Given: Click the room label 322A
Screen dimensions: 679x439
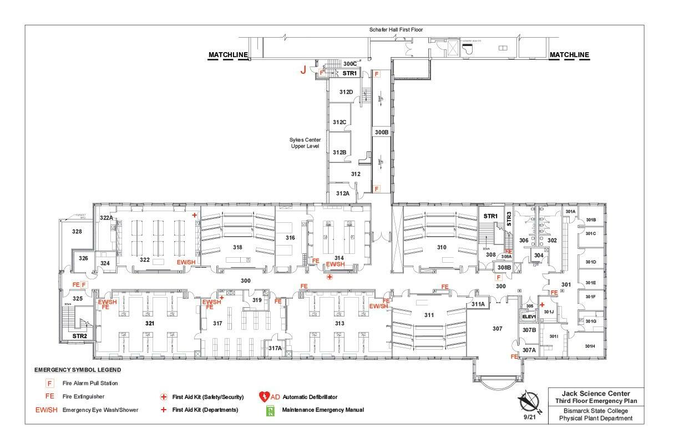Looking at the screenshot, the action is coord(107,218).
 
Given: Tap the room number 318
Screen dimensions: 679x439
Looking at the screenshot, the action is coord(237,247).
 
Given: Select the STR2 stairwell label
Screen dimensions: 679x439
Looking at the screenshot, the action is coord(80,336).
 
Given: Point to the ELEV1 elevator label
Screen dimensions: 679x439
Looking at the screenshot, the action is coord(529,317).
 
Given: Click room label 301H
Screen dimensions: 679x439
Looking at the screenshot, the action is coord(590,346).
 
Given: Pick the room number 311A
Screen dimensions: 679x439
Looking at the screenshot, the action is coord(478,304).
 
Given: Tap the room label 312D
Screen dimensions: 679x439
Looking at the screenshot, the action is coord(346,91).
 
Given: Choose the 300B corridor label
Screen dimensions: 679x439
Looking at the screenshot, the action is coord(381,132).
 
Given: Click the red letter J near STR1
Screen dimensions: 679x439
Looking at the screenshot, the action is coord(303,70).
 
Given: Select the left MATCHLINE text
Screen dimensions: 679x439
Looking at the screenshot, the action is coord(227,55).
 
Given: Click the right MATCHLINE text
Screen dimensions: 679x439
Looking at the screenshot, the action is coord(569,55).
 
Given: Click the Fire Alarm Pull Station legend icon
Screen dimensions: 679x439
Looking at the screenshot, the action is coord(49,383).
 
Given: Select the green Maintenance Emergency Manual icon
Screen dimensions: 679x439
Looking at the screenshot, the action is coord(271,410).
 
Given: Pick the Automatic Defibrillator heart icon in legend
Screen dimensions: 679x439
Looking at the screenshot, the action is coord(264,397).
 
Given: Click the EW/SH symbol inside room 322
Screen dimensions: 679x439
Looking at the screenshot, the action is coord(185,262).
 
